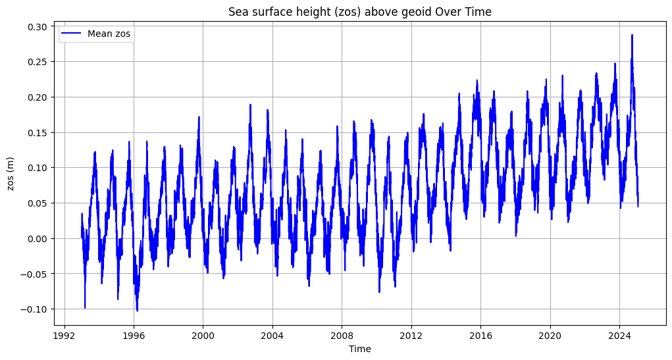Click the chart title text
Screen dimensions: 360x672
(359, 12)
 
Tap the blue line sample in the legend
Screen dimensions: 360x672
(72, 34)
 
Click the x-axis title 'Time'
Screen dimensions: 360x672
(359, 349)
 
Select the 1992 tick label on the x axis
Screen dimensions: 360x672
(64, 335)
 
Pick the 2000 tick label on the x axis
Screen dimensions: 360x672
(203, 335)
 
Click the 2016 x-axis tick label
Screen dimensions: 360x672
(480, 335)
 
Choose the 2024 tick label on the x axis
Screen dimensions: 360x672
(619, 335)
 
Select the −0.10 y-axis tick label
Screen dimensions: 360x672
(36, 309)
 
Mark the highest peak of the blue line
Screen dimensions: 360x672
(632, 35)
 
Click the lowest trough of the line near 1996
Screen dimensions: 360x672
(137, 311)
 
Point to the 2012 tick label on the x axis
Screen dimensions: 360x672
(411, 335)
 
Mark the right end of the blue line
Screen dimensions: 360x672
(638, 206)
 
